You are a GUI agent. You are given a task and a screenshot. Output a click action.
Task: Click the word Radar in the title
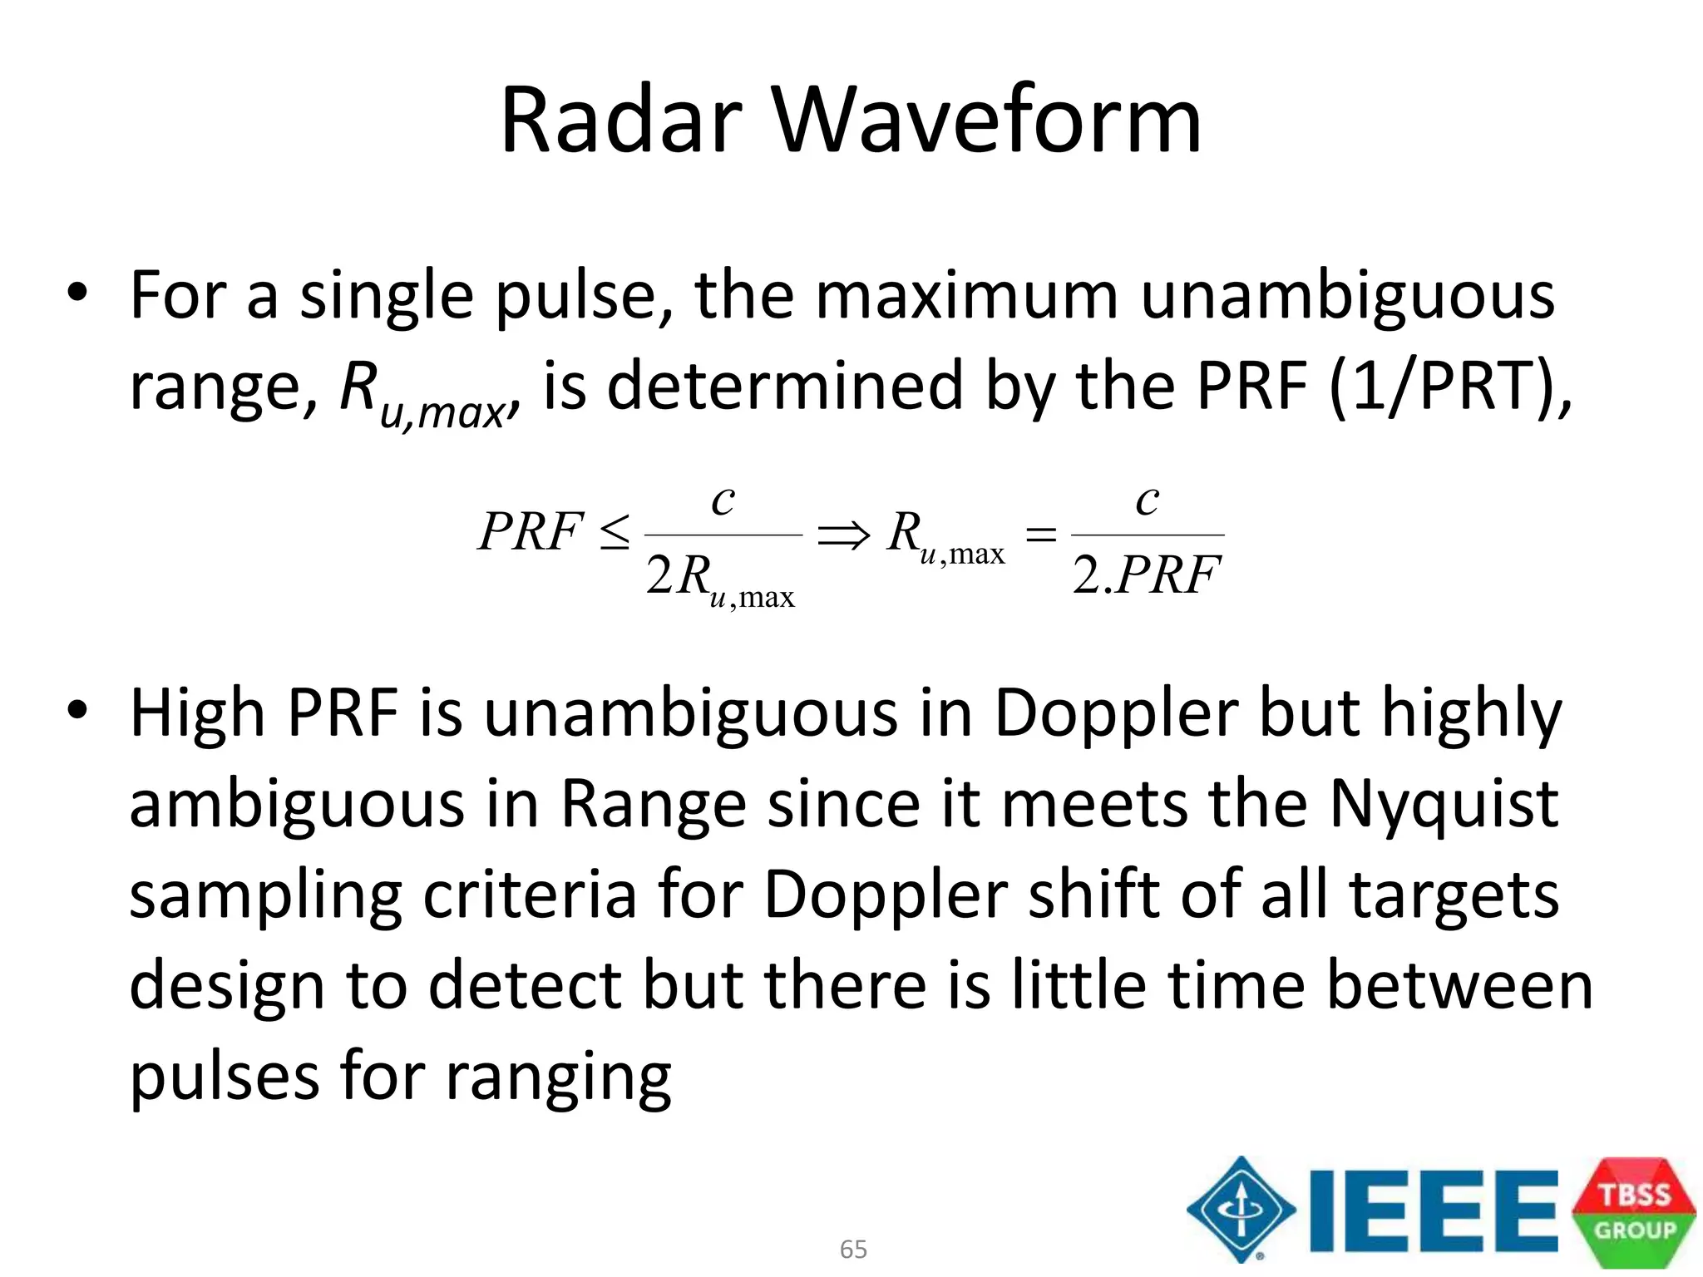tap(620, 121)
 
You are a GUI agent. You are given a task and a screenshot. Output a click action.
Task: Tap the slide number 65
tap(853, 1249)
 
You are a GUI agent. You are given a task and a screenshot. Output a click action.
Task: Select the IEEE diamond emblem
tap(1241, 1210)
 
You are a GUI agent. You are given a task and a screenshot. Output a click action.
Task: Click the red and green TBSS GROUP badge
tap(1634, 1211)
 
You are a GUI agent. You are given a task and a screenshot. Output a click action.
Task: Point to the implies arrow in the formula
tap(843, 535)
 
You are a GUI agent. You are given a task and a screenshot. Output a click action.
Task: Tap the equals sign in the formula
tap(1040, 535)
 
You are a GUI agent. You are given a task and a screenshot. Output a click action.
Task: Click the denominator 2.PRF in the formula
tap(1147, 575)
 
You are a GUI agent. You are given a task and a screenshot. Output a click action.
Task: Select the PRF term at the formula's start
tap(530, 532)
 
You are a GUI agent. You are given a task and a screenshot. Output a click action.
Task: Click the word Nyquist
tap(1443, 804)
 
